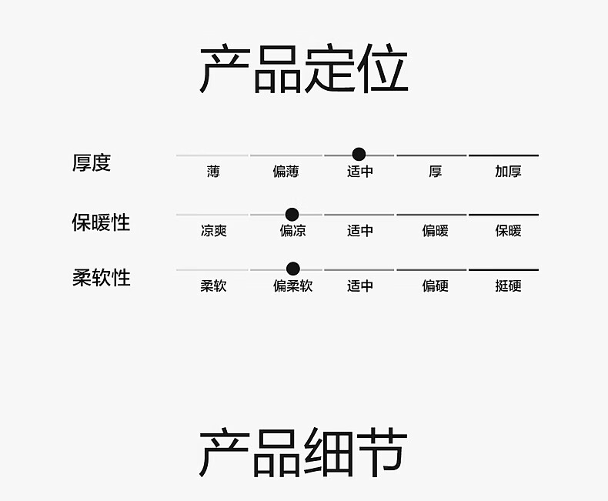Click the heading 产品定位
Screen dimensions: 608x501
click(303, 70)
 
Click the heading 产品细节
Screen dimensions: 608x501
click(303, 453)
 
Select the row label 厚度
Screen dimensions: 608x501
click(92, 162)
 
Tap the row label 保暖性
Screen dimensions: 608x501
click(101, 222)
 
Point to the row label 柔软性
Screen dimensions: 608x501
click(101, 277)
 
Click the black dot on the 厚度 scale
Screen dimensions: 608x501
click(359, 154)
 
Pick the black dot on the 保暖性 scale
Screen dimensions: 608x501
click(292, 214)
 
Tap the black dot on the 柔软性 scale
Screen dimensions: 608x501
click(292, 269)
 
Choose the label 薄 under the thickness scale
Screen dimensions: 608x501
click(213, 172)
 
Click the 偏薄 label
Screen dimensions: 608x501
click(286, 172)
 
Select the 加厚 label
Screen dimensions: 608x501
click(508, 172)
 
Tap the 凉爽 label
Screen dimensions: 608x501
click(213, 231)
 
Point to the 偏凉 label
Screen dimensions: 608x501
click(292, 231)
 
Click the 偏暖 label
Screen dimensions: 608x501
click(435, 231)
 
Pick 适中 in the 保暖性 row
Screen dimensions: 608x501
click(360, 231)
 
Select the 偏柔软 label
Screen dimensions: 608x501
click(292, 286)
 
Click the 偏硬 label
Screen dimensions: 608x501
click(435, 286)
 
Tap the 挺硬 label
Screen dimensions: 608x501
click(508, 286)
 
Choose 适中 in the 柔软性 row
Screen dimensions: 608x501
click(360, 286)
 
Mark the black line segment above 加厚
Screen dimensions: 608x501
click(503, 155)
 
